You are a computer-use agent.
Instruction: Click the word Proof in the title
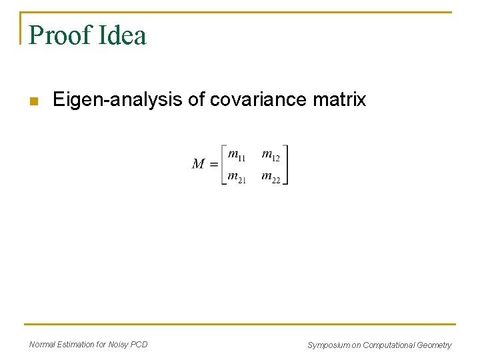(58, 35)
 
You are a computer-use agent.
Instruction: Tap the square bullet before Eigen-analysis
(35, 101)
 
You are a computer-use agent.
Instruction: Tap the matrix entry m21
(237, 177)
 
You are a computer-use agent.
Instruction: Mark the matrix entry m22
(271, 177)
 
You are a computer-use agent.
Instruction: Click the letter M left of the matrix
(199, 164)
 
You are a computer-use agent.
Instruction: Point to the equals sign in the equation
(213, 165)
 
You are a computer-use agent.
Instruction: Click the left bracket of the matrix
(223, 165)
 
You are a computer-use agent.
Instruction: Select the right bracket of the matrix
(285, 165)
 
